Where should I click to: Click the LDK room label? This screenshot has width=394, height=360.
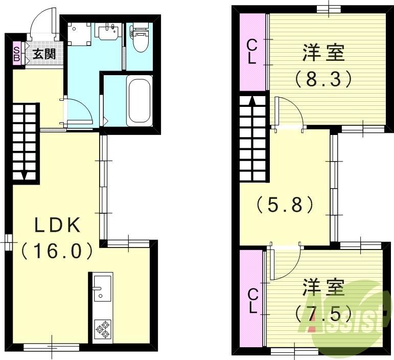coord(57,225)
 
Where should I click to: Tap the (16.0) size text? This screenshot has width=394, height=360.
coord(57,251)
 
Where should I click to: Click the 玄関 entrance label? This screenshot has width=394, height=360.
coord(44,54)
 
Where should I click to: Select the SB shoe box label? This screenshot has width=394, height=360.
coord(16,54)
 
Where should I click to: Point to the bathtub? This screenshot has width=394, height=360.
coord(140,100)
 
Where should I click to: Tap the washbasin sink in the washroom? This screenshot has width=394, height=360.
coord(108,32)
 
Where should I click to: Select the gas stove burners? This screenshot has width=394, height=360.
coord(103,329)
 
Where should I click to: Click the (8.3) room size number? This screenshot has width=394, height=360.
coord(322,78)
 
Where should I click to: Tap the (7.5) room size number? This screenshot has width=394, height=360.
coord(322,311)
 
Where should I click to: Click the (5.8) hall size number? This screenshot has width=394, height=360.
coord(285,205)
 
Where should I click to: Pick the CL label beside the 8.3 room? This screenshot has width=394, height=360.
coord(251,51)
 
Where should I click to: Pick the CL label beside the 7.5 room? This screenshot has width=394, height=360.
coord(252,302)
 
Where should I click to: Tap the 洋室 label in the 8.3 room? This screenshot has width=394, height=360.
coord(323,53)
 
